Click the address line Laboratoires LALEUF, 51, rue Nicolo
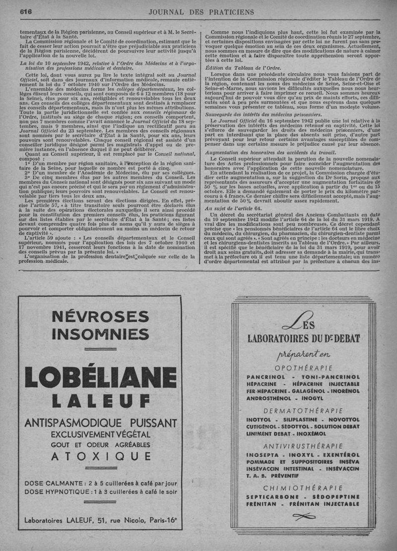(x=100, y=520)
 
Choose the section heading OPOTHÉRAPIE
(x=304, y=368)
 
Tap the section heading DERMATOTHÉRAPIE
(x=304, y=411)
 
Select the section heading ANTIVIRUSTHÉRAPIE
(x=303, y=445)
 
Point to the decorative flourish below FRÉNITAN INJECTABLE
(x=304, y=517)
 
